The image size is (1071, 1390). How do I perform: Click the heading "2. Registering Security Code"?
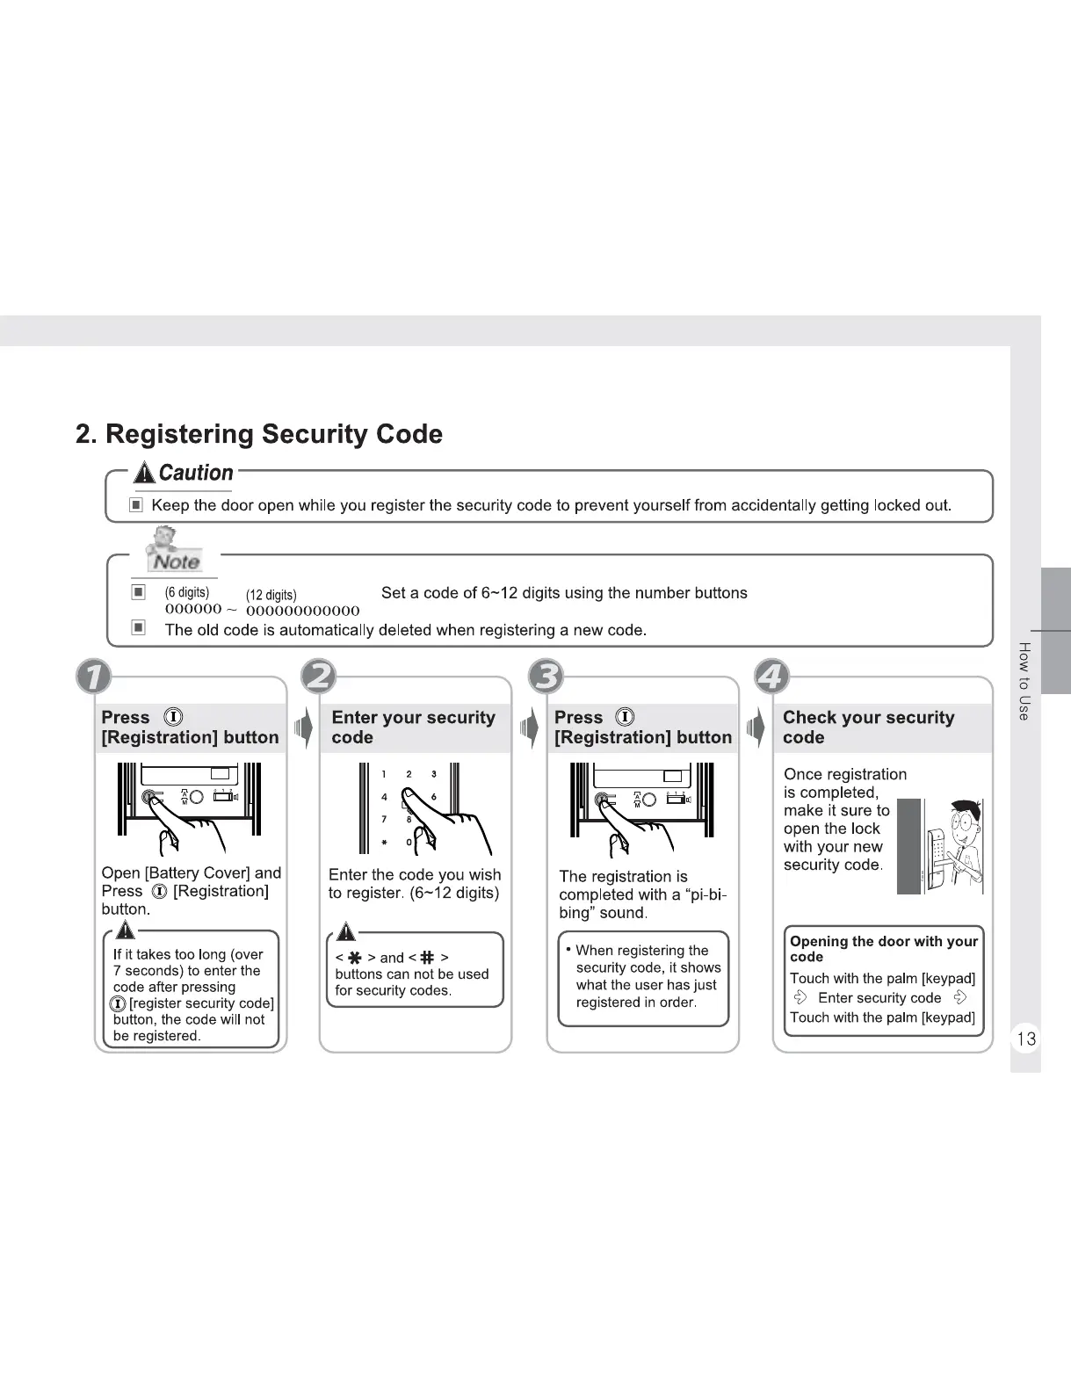click(x=259, y=434)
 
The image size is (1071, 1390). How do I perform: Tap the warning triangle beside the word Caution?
click(x=144, y=474)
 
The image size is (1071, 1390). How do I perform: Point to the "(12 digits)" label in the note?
click(x=271, y=595)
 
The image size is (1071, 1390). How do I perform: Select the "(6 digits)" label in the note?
click(x=187, y=592)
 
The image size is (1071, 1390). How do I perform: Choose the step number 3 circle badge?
click(x=546, y=677)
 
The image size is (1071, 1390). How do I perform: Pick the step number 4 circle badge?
click(x=772, y=677)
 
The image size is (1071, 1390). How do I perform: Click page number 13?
click(x=1025, y=1039)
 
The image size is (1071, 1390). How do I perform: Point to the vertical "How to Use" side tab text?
click(x=1024, y=681)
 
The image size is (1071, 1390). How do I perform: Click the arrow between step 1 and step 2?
click(x=303, y=728)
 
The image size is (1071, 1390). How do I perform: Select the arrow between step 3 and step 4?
click(x=756, y=728)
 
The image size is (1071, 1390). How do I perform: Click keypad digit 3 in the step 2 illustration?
click(x=434, y=774)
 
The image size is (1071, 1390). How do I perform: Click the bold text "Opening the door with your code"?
click(x=883, y=949)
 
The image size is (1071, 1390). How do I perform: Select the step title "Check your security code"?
click(x=868, y=728)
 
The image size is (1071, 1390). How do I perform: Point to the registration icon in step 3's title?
click(x=625, y=717)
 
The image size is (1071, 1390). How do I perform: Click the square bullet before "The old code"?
click(x=138, y=628)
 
